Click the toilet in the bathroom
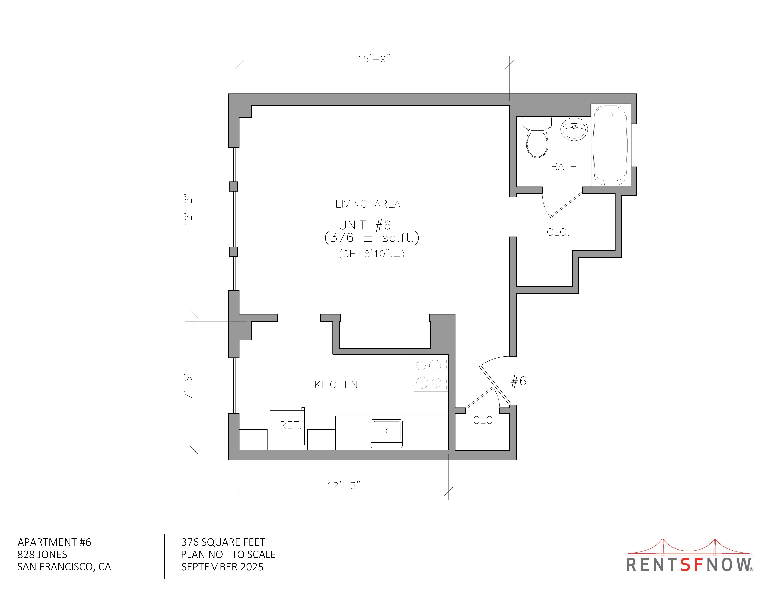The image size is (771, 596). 537,138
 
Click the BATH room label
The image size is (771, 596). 564,167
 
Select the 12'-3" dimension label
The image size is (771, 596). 344,485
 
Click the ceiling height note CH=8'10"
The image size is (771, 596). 371,254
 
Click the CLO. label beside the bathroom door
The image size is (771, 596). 558,232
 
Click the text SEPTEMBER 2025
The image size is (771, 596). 222,567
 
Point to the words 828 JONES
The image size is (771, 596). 42,554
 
